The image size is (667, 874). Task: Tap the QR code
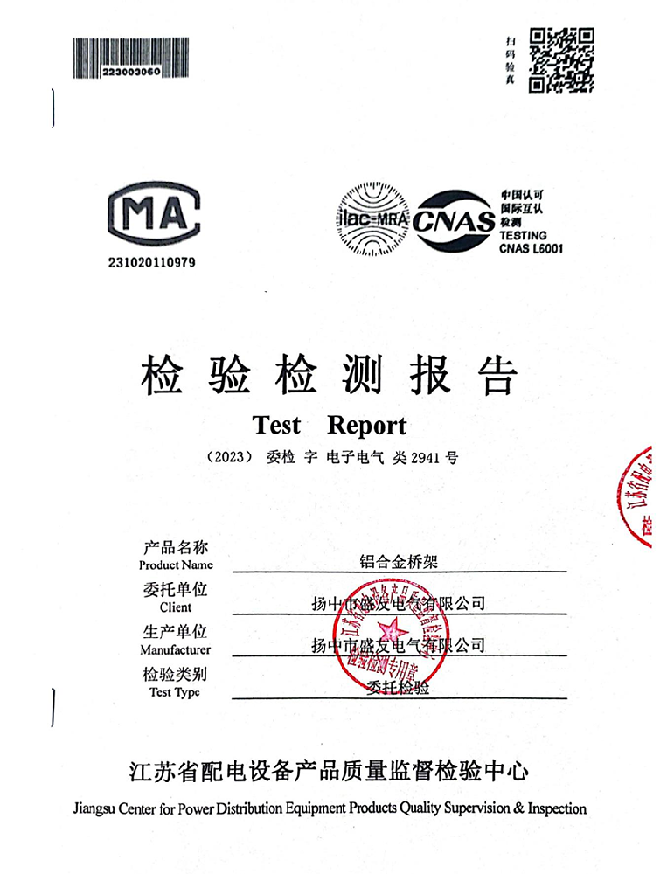(563, 59)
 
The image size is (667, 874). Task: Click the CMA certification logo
(154, 216)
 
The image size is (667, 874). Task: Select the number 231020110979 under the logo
(153, 262)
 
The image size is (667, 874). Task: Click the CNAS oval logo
(455, 220)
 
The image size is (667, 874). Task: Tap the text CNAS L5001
(531, 248)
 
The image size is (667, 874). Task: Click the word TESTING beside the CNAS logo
(523, 235)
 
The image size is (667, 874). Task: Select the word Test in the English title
(276, 426)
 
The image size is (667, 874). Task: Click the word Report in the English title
(366, 426)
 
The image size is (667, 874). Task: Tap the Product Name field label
(176, 565)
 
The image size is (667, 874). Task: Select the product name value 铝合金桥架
(399, 561)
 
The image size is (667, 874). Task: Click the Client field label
(176, 607)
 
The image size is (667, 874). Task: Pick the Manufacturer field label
(176, 649)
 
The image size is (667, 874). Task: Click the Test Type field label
(175, 692)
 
